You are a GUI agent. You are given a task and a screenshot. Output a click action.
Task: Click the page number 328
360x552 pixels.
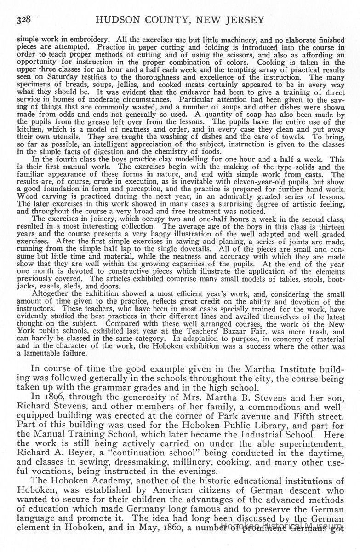[x=23, y=20]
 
